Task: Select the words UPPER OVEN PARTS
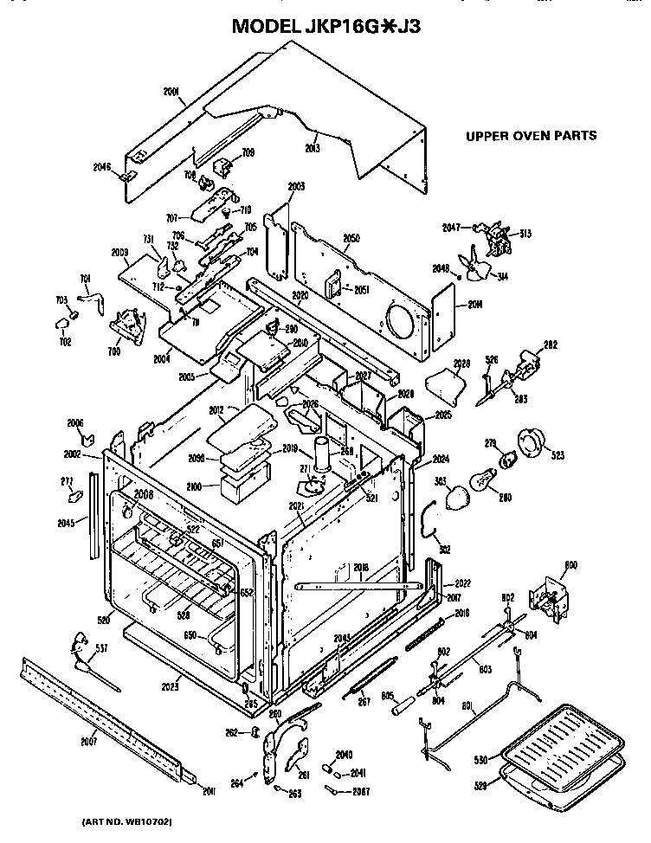click(x=531, y=136)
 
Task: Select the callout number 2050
click(x=351, y=237)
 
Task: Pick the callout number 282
click(x=549, y=344)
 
